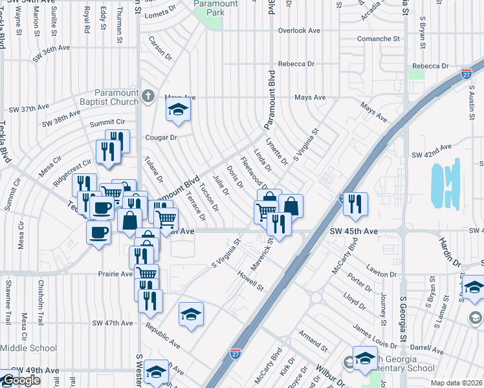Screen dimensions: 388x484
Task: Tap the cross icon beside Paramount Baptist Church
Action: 148,97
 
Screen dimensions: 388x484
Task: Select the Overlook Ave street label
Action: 299,30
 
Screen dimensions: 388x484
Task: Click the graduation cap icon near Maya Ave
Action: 178,110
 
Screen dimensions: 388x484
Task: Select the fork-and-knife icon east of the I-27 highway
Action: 355,203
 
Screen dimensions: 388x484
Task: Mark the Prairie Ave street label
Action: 115,274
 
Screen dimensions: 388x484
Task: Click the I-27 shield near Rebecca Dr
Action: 467,74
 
